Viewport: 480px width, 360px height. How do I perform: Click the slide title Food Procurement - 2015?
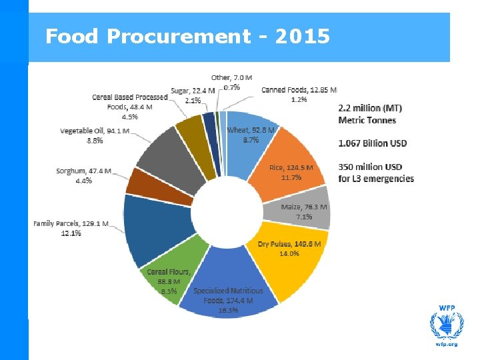pyautogui.click(x=187, y=36)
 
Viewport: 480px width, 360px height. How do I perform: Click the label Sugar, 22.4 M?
pyautogui.click(x=193, y=91)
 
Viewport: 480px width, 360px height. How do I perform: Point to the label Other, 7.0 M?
pyautogui.click(x=227, y=79)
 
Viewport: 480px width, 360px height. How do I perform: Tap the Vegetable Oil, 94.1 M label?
pyautogui.click(x=95, y=131)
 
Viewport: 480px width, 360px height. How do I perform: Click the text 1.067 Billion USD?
pyautogui.click(x=373, y=143)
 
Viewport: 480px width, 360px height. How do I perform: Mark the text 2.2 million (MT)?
pyautogui.click(x=370, y=108)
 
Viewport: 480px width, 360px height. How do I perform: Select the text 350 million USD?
pyautogui.click(x=370, y=167)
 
